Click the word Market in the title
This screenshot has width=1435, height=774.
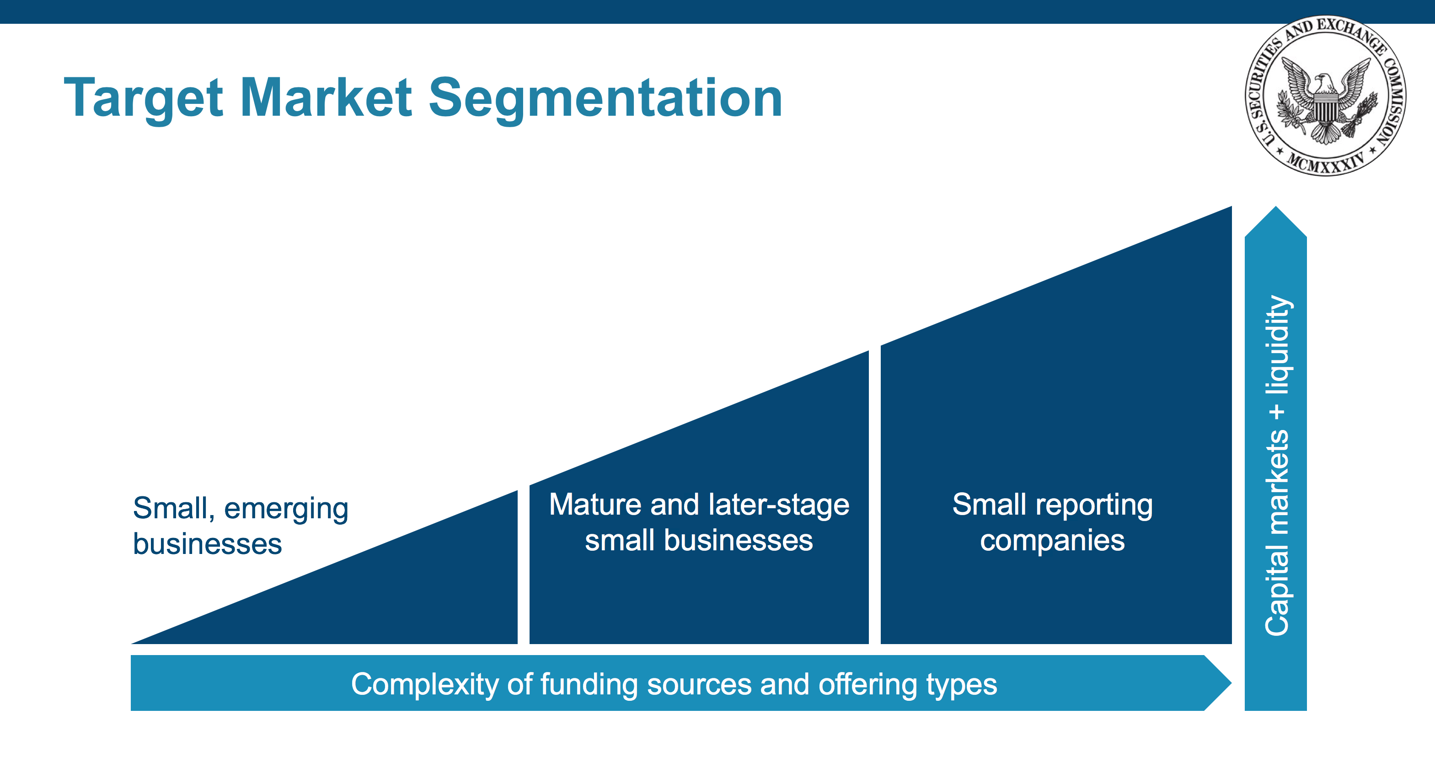point(326,97)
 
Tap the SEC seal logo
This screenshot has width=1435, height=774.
point(1325,95)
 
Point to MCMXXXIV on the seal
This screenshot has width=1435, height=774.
point(1325,161)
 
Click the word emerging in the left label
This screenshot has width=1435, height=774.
point(286,509)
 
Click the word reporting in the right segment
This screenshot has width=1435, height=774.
point(1093,505)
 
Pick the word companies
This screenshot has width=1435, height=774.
point(1052,541)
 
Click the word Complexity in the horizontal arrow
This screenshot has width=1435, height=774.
point(424,684)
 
